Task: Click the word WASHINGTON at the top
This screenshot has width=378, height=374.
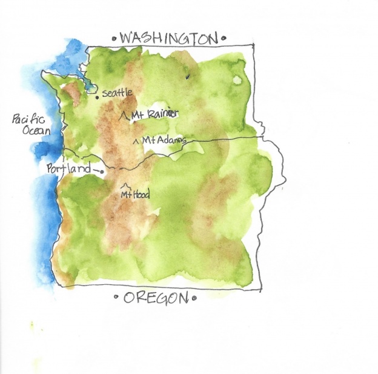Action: pos(168,38)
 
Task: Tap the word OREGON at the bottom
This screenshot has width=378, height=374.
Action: pos(153,298)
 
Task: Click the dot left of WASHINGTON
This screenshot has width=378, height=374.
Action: pos(115,39)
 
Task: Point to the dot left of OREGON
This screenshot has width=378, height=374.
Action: pos(117,298)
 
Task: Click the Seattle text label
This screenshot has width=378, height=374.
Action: pos(117,93)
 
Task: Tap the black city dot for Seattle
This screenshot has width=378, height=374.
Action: pos(97,96)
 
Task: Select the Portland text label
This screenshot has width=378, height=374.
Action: pos(68,169)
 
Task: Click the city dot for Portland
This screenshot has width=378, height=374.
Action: pos(102,172)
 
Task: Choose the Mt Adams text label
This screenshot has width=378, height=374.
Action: pos(164,141)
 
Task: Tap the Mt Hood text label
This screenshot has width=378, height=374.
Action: pos(134,195)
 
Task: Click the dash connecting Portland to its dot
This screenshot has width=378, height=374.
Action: pos(94,170)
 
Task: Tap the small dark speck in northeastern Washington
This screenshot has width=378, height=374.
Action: pos(187,77)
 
